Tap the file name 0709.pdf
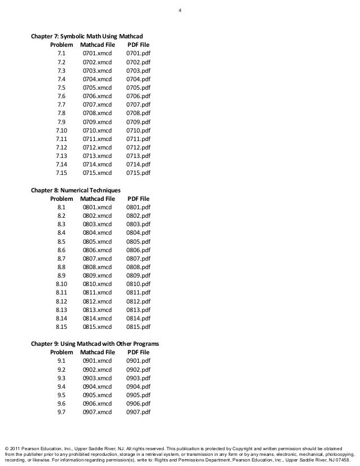[x=138, y=121]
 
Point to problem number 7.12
[x=62, y=147]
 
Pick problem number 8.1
[x=62, y=208]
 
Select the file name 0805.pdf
[x=138, y=241]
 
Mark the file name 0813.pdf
[x=138, y=309]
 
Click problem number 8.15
[x=62, y=326]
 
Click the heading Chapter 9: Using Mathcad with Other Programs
[x=95, y=344]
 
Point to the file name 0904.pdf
[x=138, y=386]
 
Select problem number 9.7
[x=62, y=412]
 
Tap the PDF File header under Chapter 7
[x=138, y=44]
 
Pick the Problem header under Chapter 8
[x=62, y=199]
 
